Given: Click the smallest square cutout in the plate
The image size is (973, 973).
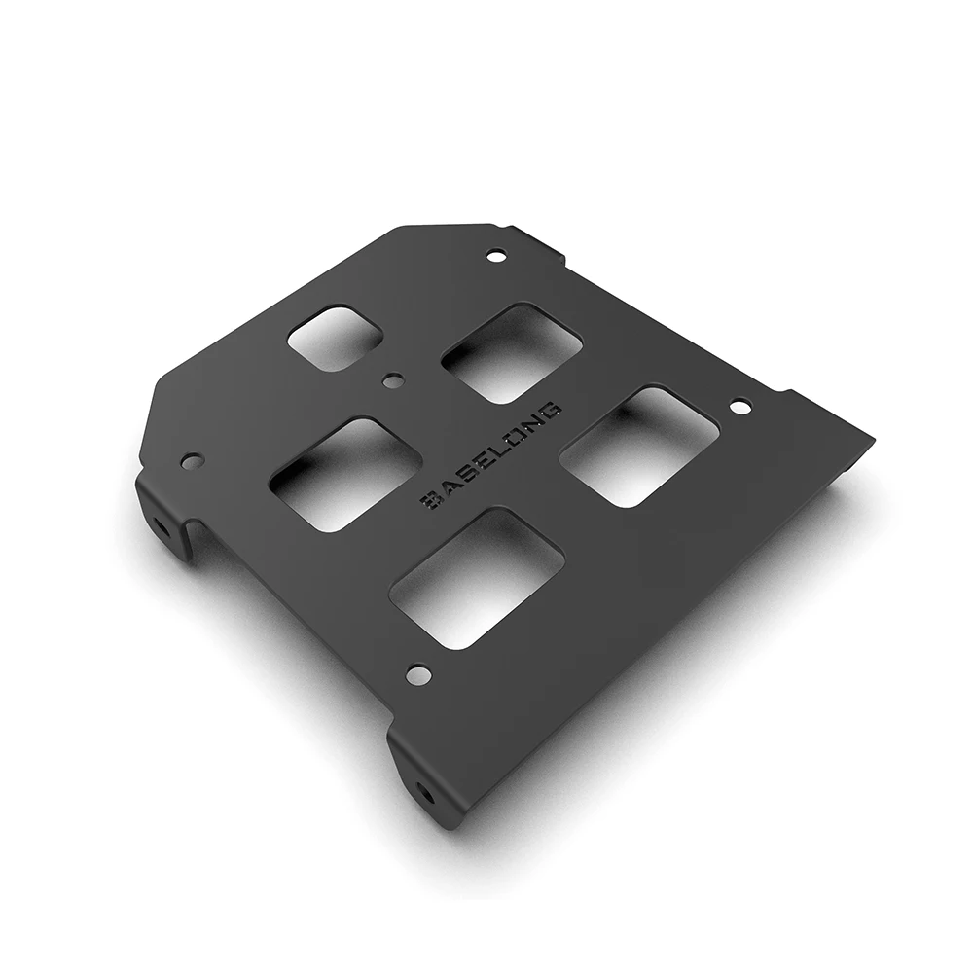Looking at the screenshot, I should pyautogui.click(x=335, y=338).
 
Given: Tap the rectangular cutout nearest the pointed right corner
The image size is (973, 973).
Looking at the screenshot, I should pyautogui.click(x=639, y=446).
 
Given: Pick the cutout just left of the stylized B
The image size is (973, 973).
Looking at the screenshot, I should pyautogui.click(x=344, y=474).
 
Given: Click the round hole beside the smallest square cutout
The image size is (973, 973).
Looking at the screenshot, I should pyautogui.click(x=392, y=381).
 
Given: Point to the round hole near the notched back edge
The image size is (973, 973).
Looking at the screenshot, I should pyautogui.click(x=496, y=256).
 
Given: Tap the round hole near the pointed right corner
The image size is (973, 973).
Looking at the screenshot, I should pyautogui.click(x=739, y=406).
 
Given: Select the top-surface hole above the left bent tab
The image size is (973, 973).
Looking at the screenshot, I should pyautogui.click(x=193, y=459).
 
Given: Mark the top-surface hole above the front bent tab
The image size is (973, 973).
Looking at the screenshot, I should pyautogui.click(x=418, y=672).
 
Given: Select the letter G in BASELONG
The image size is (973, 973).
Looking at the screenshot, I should pyautogui.click(x=552, y=409).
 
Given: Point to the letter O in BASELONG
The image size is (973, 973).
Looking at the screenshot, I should pyautogui.click(x=517, y=435).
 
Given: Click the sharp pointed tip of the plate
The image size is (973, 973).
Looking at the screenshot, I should pyautogui.click(x=873, y=438).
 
